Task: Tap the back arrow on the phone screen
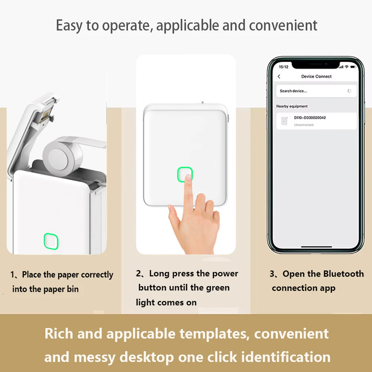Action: pos(279,76)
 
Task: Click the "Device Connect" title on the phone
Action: pos(316,76)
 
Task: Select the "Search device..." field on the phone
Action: pos(294,91)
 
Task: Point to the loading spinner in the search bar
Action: pos(349,91)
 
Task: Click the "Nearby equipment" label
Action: pos(292,106)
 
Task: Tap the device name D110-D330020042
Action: pos(310,118)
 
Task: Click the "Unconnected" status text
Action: pos(304,125)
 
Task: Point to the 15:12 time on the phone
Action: pos(283,67)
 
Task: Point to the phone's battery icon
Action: pos(352,67)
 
